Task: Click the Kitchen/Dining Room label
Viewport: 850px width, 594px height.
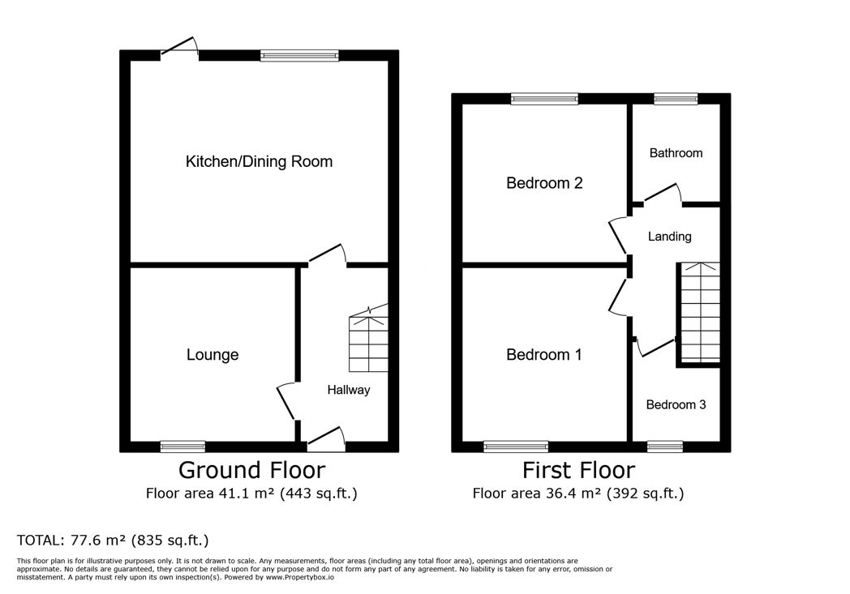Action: pyautogui.click(x=259, y=161)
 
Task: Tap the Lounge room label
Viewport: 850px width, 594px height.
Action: pyautogui.click(x=212, y=355)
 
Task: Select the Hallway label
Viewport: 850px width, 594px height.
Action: pyautogui.click(x=349, y=390)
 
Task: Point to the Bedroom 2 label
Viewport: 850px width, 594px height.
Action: pyautogui.click(x=544, y=183)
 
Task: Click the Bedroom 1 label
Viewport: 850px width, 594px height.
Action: pyautogui.click(x=543, y=355)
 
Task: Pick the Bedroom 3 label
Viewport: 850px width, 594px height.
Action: pyautogui.click(x=676, y=404)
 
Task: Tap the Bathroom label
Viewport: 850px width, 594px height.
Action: pyautogui.click(x=676, y=153)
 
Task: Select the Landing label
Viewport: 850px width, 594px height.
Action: pyautogui.click(x=669, y=237)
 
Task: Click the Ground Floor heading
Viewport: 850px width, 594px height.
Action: pyautogui.click(x=251, y=470)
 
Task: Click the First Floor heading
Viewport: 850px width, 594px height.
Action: pyautogui.click(x=578, y=470)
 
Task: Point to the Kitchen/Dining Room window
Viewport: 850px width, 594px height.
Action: pyautogui.click(x=299, y=55)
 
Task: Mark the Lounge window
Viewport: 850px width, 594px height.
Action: pyautogui.click(x=182, y=447)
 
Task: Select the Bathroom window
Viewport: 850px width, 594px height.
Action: pyautogui.click(x=676, y=99)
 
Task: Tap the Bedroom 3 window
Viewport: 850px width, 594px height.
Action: pyautogui.click(x=664, y=447)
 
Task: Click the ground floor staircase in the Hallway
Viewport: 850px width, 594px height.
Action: pyautogui.click(x=368, y=339)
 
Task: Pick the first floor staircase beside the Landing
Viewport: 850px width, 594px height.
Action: pyautogui.click(x=700, y=313)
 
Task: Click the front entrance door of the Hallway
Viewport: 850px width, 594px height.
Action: pyautogui.click(x=326, y=439)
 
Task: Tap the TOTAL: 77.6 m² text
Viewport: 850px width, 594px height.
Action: pyautogui.click(x=113, y=540)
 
